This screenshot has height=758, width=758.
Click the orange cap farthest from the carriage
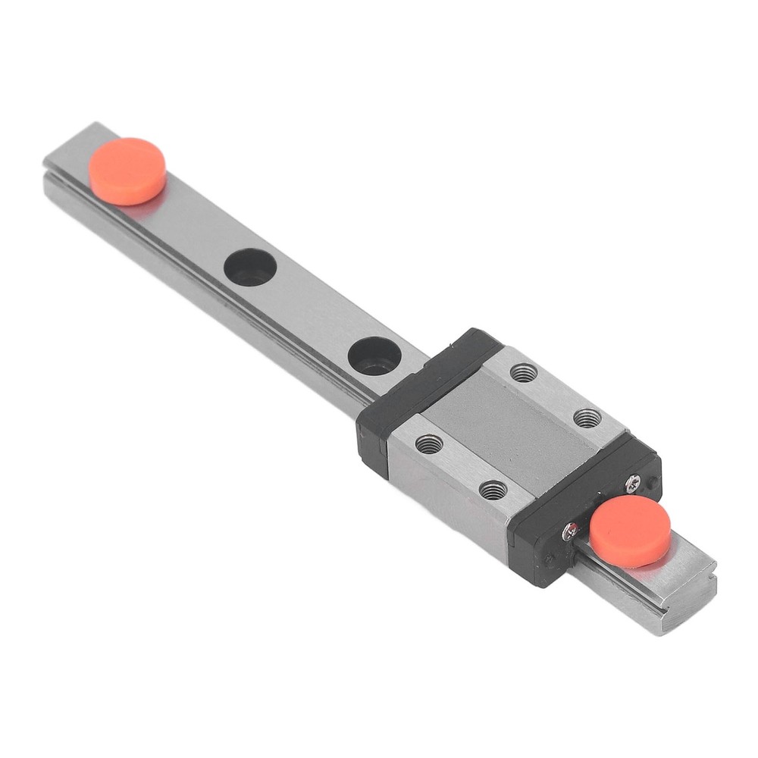127,170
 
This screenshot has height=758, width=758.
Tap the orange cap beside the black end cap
630,530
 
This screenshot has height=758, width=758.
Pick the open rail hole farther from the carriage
250,268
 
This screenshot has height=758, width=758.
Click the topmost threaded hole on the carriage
523,372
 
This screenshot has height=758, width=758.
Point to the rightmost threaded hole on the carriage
587,418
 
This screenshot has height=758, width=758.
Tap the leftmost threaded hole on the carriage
429,443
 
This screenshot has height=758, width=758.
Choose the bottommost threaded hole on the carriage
493,490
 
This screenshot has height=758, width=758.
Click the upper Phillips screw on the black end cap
631,480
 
